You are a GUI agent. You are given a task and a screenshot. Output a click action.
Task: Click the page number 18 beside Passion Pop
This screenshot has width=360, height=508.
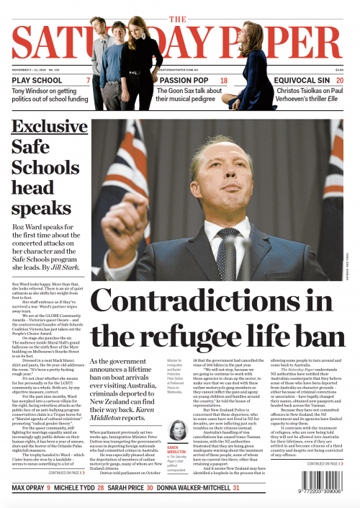pyautogui.click(x=224, y=81)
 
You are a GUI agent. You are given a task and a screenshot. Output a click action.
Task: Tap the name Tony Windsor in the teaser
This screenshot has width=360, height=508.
pyautogui.click(x=32, y=91)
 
